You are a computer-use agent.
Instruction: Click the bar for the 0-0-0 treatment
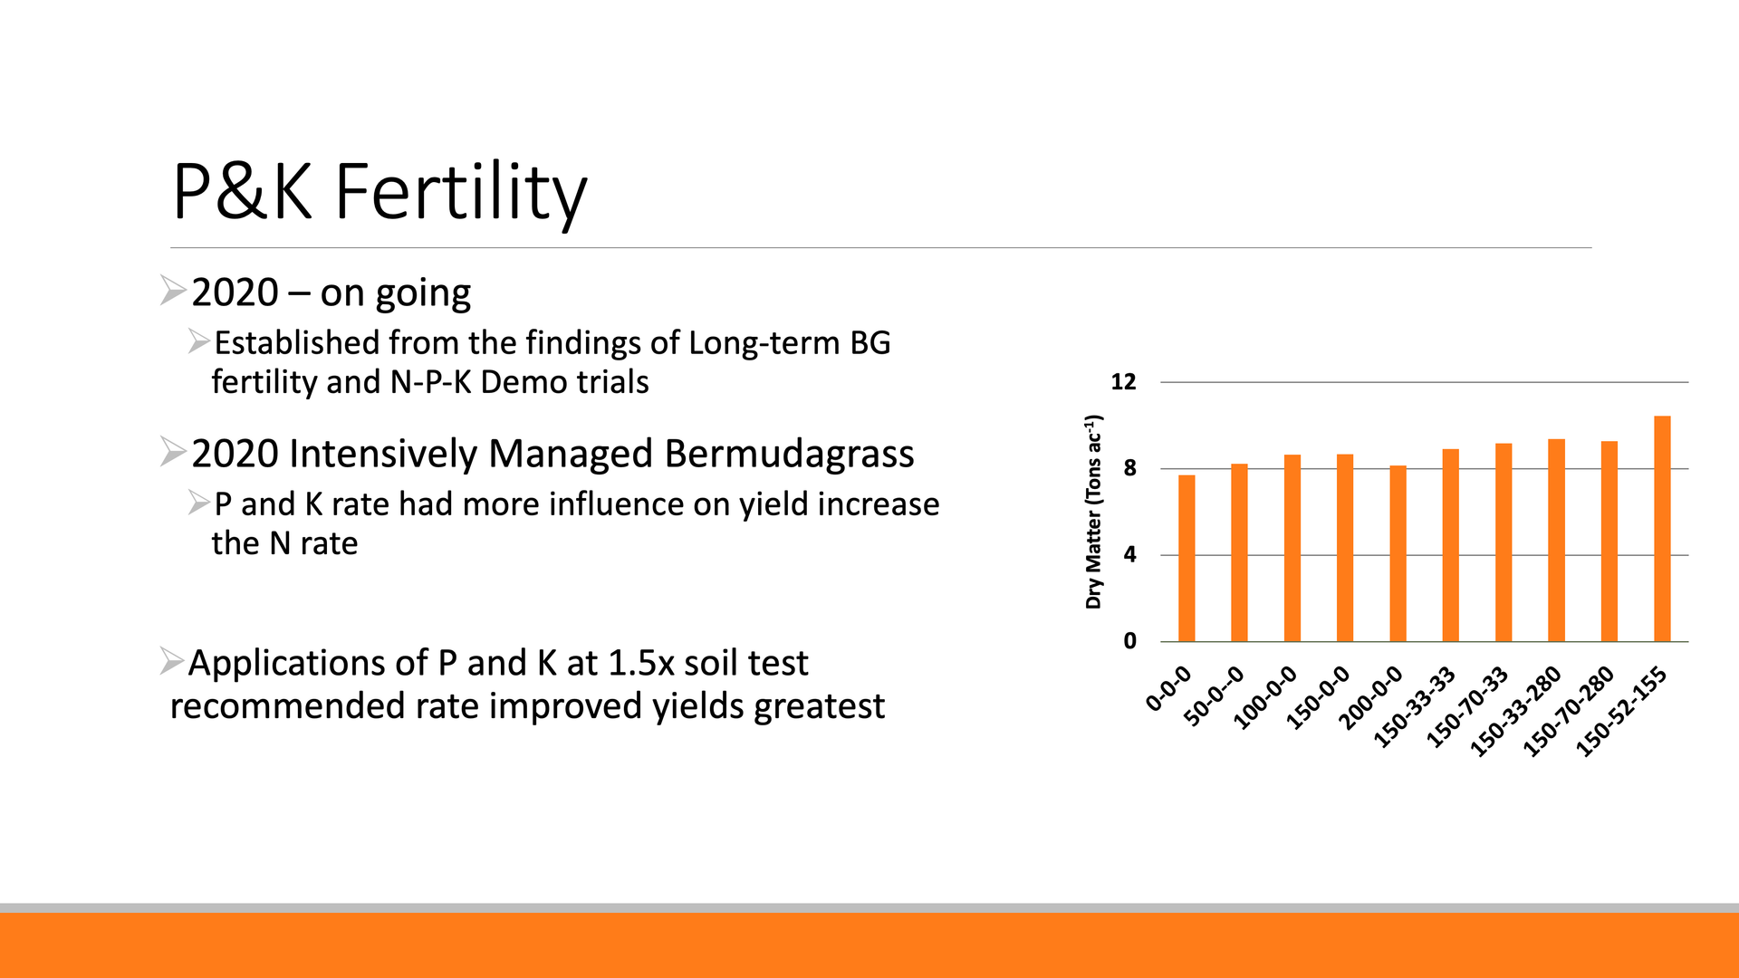[x=1187, y=558]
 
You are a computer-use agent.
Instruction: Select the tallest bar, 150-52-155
[x=1662, y=529]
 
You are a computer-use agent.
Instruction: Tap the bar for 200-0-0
[x=1398, y=553]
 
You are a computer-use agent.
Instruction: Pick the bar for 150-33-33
[x=1450, y=545]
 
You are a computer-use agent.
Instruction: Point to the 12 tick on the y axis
[x=1123, y=382]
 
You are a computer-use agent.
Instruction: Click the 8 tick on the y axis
[x=1129, y=469]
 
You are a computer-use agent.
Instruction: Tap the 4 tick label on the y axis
[x=1129, y=555]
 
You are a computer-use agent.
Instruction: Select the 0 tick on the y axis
[x=1129, y=641]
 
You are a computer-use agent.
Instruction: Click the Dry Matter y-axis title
[x=1094, y=512]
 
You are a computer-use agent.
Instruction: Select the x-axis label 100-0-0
[x=1267, y=697]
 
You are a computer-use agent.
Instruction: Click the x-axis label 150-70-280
[x=1570, y=711]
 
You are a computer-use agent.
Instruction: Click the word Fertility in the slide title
[x=461, y=192]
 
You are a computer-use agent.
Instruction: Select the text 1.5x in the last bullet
[x=640, y=663]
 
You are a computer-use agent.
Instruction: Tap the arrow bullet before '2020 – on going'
[x=173, y=291]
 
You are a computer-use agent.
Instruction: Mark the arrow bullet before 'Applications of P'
[x=171, y=661]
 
